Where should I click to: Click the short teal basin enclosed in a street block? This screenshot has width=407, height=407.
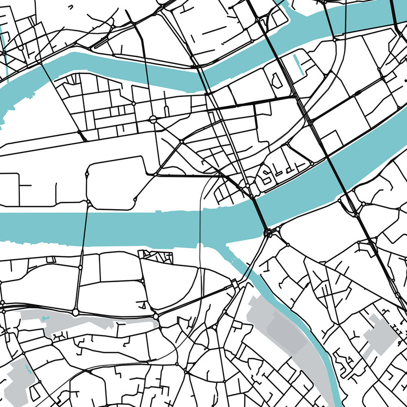[297, 64]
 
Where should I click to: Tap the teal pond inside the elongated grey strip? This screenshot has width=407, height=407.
[45, 319]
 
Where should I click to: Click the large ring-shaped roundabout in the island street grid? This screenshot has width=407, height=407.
[153, 119]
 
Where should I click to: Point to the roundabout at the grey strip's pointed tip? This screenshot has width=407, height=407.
[156, 315]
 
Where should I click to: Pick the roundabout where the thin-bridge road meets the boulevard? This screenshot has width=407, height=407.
[75, 312]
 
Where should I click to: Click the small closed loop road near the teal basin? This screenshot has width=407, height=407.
[275, 80]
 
